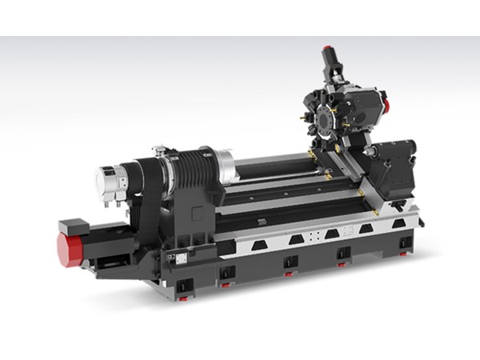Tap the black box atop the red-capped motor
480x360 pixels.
tap(73, 226)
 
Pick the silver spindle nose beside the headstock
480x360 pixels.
tap(224, 166)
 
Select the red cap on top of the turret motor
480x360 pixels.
tap(326, 49)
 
